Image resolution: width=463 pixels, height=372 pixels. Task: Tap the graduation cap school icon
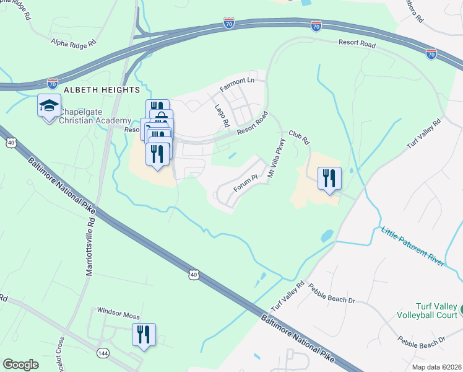click(49, 106)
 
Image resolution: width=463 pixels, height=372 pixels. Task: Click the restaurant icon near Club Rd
click(329, 179)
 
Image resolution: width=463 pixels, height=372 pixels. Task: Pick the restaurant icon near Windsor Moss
click(144, 335)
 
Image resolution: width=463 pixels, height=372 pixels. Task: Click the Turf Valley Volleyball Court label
click(429, 312)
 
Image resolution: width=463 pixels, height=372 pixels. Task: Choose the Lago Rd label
click(222, 114)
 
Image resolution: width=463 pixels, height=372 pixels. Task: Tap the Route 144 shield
click(102, 353)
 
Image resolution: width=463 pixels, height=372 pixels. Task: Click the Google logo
click(20, 365)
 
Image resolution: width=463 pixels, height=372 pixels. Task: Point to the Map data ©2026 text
click(436, 367)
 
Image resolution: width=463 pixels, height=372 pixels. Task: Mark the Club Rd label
click(299, 137)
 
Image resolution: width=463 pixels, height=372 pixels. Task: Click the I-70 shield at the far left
click(53, 82)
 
